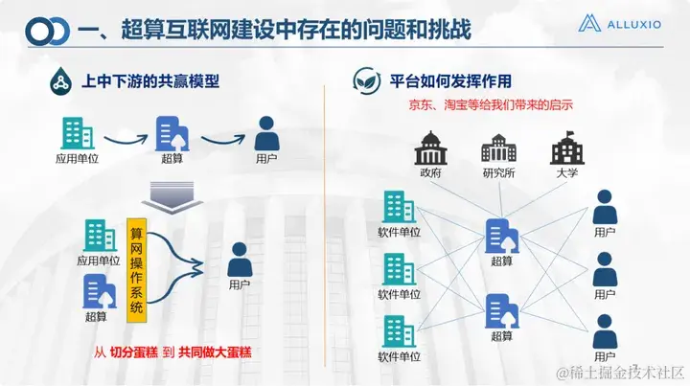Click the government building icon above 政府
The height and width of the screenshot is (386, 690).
pos(429,148)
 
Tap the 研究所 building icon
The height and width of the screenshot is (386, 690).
pos(497,148)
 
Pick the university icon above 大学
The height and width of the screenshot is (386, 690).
pos(565,148)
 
